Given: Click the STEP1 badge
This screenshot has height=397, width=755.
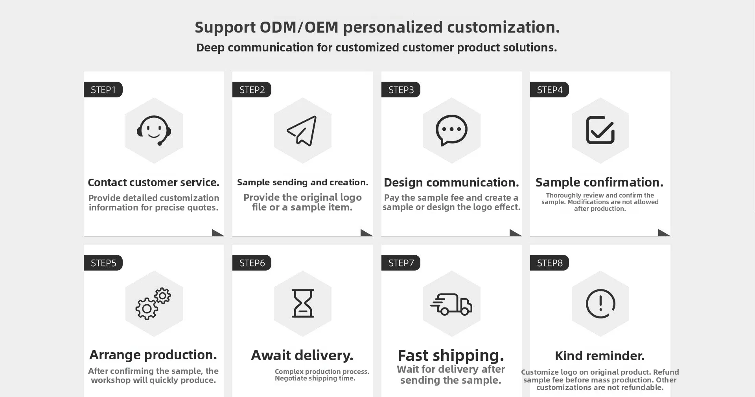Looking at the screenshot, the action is tap(103, 90).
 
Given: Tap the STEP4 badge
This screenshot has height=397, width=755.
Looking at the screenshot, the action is tap(549, 90).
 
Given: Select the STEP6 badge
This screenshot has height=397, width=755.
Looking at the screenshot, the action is tap(252, 263).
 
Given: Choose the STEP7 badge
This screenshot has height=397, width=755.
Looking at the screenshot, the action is tap(401, 263).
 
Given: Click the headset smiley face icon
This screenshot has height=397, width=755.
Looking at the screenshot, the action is tap(154, 130).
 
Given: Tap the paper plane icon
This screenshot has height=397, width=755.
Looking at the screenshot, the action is tap(302, 131).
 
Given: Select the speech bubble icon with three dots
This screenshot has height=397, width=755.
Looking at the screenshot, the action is tap(451, 130).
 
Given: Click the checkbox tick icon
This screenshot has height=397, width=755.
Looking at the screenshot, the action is tap(600, 130).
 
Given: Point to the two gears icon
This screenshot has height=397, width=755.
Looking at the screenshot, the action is tap(153, 304).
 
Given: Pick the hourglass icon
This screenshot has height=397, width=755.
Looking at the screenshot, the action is tap(303, 303).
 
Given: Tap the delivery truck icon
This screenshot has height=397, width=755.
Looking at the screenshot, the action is tap(451, 304).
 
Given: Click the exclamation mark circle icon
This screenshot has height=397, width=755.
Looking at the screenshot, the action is tap(600, 304).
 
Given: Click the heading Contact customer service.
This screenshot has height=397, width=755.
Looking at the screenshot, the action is tap(153, 183).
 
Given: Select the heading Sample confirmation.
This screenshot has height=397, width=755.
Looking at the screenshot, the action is tap(599, 182).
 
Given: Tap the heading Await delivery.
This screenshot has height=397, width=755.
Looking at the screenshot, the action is tap(302, 355).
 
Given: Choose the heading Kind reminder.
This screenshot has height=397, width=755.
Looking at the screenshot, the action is tap(600, 356).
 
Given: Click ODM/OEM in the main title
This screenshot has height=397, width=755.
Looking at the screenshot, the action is tap(299, 27).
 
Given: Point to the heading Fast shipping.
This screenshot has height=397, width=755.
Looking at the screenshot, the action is tap(451, 355).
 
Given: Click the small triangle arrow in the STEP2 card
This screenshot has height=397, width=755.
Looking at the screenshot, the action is tap(366, 233).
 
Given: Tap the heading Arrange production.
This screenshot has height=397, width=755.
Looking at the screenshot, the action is tap(153, 355).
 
